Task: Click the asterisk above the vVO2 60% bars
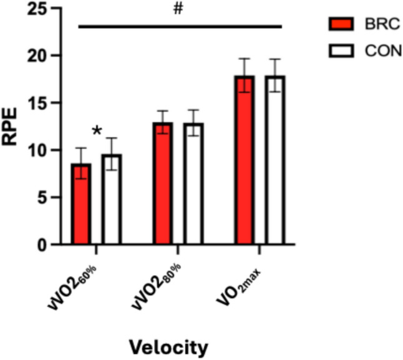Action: coord(97,132)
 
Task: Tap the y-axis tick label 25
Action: coord(39,9)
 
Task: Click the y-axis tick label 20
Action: coord(39,56)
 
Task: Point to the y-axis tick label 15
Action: coord(39,104)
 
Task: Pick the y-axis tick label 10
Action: coord(39,150)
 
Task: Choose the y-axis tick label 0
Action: coord(44,245)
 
